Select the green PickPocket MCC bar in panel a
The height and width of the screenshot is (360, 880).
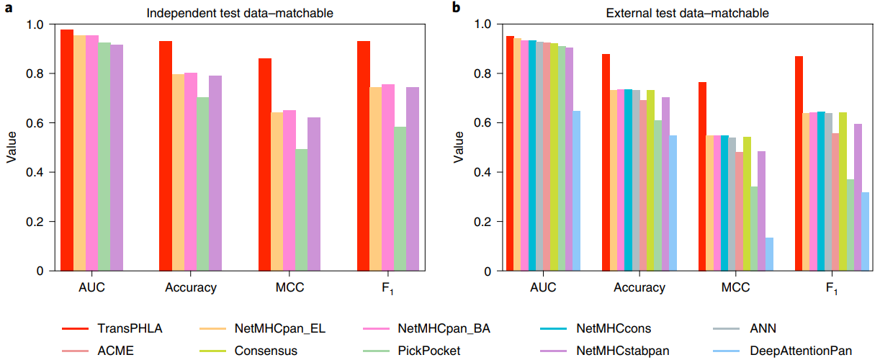click(x=302, y=210)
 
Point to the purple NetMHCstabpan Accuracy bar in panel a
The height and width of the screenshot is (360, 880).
click(x=215, y=174)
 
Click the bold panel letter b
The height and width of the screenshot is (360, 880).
click(x=455, y=8)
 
